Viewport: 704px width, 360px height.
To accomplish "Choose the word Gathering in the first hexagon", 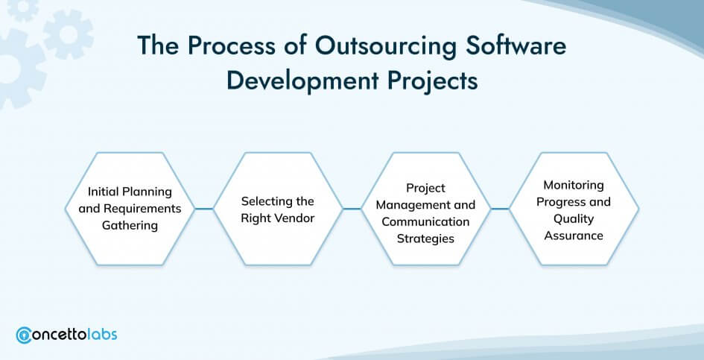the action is pos(130,226).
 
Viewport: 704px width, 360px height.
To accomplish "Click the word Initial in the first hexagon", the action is pos(101,192).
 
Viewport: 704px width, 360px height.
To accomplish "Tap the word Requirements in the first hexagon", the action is pos(142,209).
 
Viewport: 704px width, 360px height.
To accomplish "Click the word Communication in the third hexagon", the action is pos(425,221).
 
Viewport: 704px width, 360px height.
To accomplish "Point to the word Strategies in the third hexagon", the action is pos(425,239).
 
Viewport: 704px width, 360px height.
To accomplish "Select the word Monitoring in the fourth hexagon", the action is pos(574,185).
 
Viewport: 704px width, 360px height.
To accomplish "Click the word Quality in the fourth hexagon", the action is pos(574,219).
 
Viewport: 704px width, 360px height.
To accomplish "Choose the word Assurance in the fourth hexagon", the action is pos(574,236).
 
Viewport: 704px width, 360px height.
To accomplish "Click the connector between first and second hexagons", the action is pos(204,209).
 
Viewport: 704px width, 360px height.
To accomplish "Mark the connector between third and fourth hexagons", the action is pos(500,209).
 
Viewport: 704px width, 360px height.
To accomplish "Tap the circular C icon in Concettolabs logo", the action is pos(23,335).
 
